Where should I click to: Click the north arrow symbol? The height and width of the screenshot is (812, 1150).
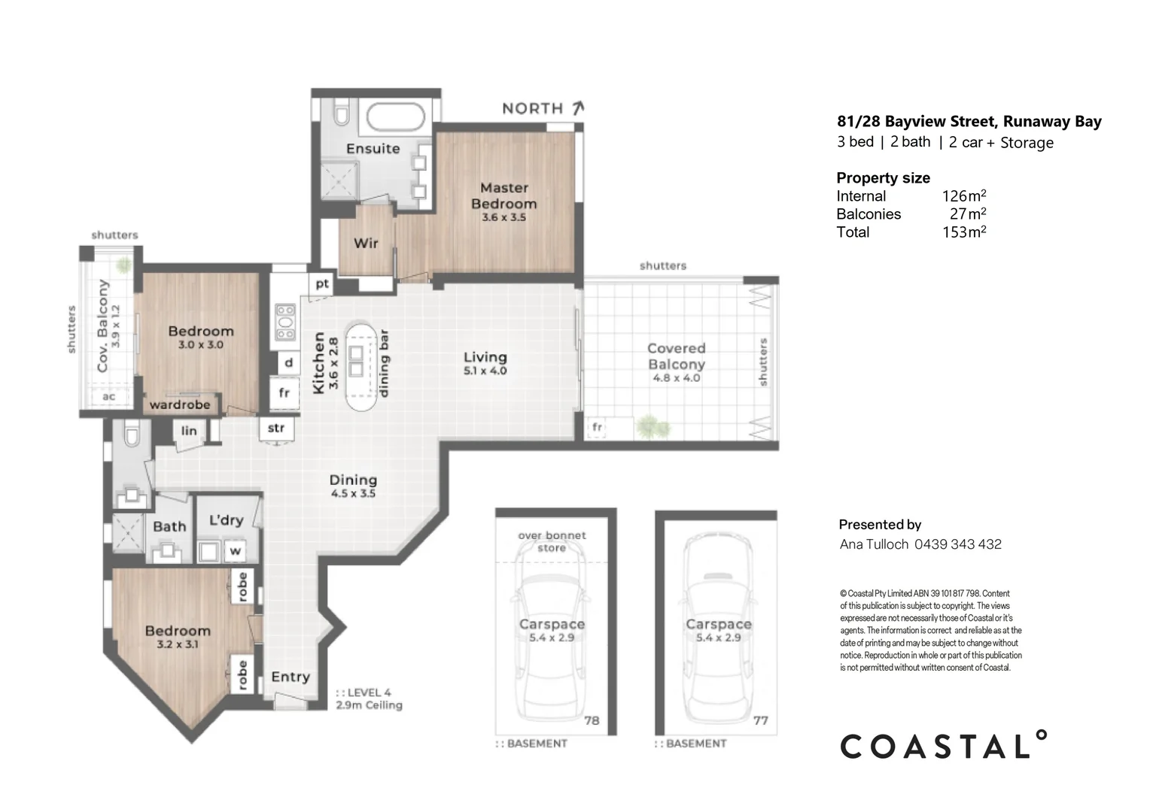(578, 108)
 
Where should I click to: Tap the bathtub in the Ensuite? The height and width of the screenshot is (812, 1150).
(395, 117)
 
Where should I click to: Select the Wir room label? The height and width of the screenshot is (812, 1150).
(366, 243)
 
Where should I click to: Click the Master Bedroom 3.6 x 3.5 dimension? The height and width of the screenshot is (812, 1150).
(504, 217)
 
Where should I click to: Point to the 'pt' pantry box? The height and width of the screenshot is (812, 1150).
(322, 283)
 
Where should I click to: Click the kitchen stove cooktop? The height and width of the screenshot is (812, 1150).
(285, 322)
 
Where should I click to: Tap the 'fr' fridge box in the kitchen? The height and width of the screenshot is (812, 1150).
(284, 393)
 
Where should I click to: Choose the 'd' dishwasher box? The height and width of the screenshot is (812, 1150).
(288, 362)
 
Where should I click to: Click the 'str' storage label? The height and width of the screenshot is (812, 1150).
(275, 428)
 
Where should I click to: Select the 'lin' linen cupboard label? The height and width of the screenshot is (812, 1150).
(188, 431)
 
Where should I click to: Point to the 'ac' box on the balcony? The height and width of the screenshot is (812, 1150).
(109, 396)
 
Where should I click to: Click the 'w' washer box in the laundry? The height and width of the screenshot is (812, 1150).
(235, 551)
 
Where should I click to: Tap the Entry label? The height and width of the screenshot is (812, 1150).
(291, 677)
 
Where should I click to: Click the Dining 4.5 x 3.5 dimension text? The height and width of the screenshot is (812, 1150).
(353, 493)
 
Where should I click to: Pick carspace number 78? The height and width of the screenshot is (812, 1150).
(592, 721)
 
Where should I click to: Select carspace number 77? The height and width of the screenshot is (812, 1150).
(760, 721)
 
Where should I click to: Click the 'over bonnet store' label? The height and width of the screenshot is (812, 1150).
(552, 541)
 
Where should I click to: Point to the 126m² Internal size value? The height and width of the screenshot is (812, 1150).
(963, 195)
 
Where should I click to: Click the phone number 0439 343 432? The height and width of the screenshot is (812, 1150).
(957, 544)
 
